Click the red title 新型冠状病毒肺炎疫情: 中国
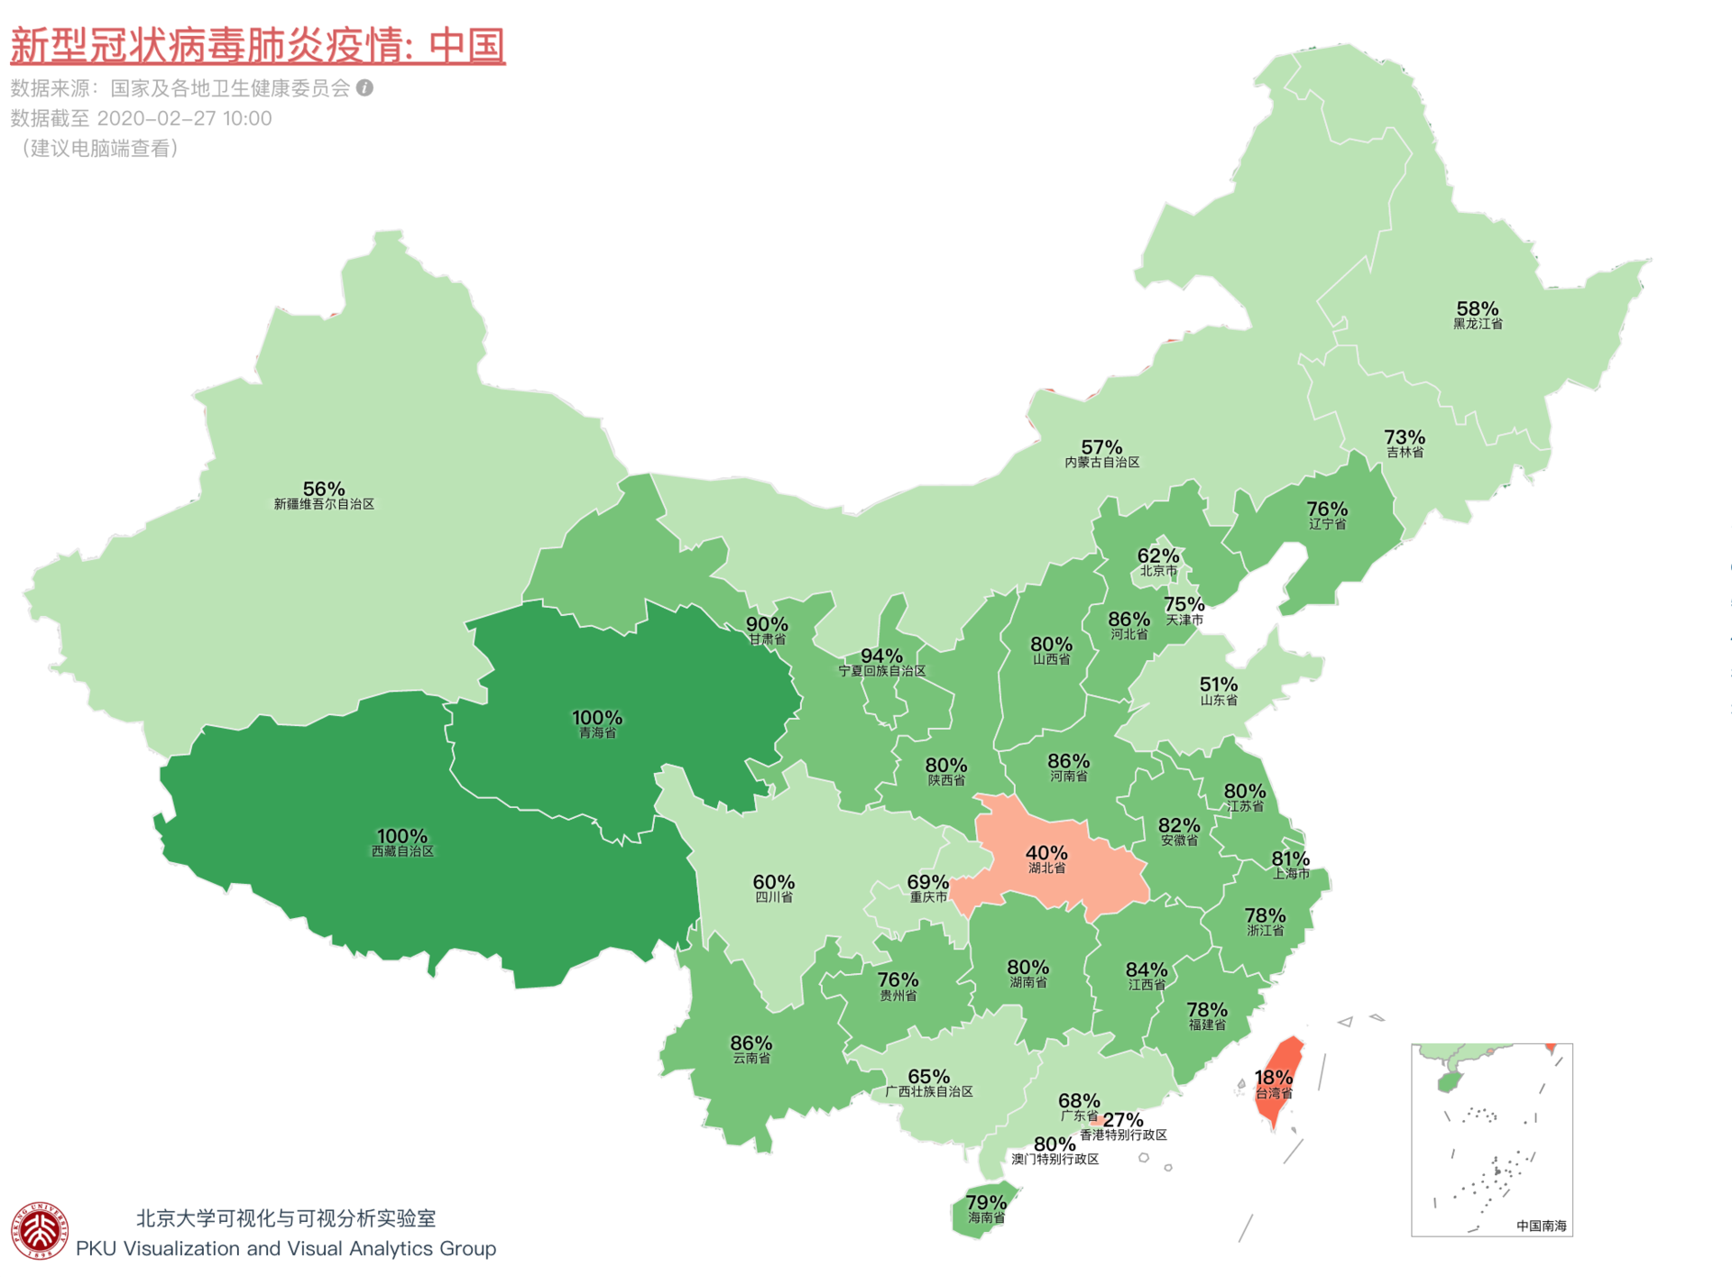tap(257, 45)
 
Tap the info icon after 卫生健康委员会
tap(364, 87)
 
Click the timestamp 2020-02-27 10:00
tap(184, 118)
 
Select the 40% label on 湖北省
tap(1046, 853)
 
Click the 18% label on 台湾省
tap(1274, 1078)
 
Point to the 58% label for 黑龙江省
tap(1478, 309)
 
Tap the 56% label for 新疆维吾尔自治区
tap(324, 489)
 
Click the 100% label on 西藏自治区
tap(402, 836)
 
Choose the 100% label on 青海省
tap(597, 718)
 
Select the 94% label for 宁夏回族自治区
tap(881, 656)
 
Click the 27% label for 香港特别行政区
tap(1124, 1120)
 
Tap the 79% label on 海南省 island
tap(986, 1202)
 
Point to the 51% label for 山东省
tap(1219, 684)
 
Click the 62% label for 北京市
tap(1158, 556)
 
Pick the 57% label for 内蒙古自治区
tap(1101, 447)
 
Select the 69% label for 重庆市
tap(927, 882)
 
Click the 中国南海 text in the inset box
tap(1541, 1226)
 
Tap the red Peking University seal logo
tap(40, 1231)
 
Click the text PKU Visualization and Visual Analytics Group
tap(286, 1248)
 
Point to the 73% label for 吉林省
tap(1405, 437)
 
